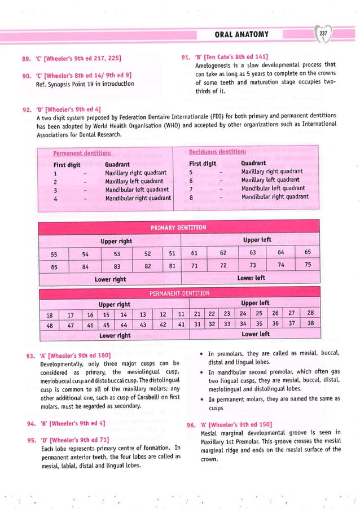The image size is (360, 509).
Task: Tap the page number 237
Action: tap(323, 34)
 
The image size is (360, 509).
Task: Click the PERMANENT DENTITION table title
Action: tap(179, 293)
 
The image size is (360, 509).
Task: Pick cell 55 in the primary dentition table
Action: tap(53, 253)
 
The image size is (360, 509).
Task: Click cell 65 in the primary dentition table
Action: tap(308, 252)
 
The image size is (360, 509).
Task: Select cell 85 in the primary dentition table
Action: tap(53, 266)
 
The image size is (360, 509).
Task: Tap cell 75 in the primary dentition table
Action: tap(308, 265)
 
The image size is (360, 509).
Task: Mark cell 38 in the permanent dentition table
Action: tap(310, 324)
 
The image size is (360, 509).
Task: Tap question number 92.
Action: tap(24, 109)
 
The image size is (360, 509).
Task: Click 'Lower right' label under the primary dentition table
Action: tap(110, 279)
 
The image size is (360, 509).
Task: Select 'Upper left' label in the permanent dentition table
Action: tap(255, 303)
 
